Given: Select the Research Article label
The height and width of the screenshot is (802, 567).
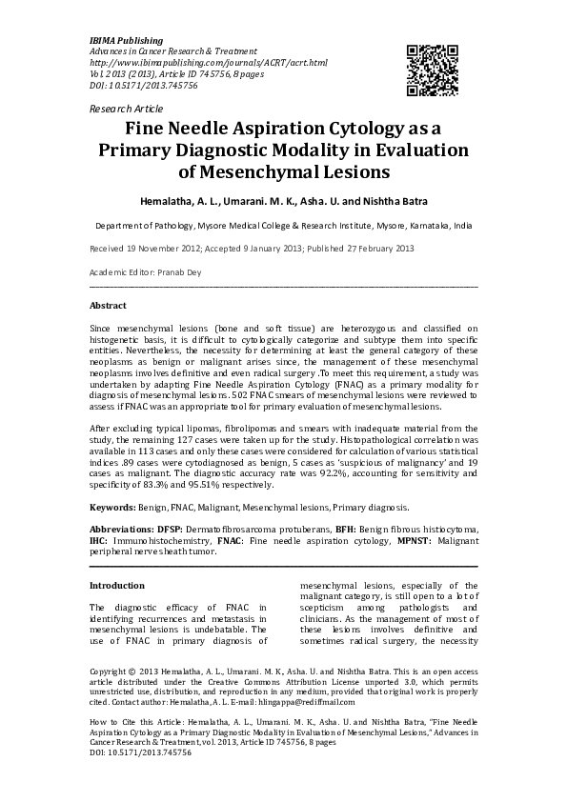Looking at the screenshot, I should click(126, 110).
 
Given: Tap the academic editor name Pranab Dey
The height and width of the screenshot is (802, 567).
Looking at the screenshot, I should click(178, 272).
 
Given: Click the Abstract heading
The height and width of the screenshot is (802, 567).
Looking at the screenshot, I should click(108, 306).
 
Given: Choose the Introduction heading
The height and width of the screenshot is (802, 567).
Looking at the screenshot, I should click(116, 585).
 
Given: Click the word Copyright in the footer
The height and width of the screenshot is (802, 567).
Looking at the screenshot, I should click(111, 671).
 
